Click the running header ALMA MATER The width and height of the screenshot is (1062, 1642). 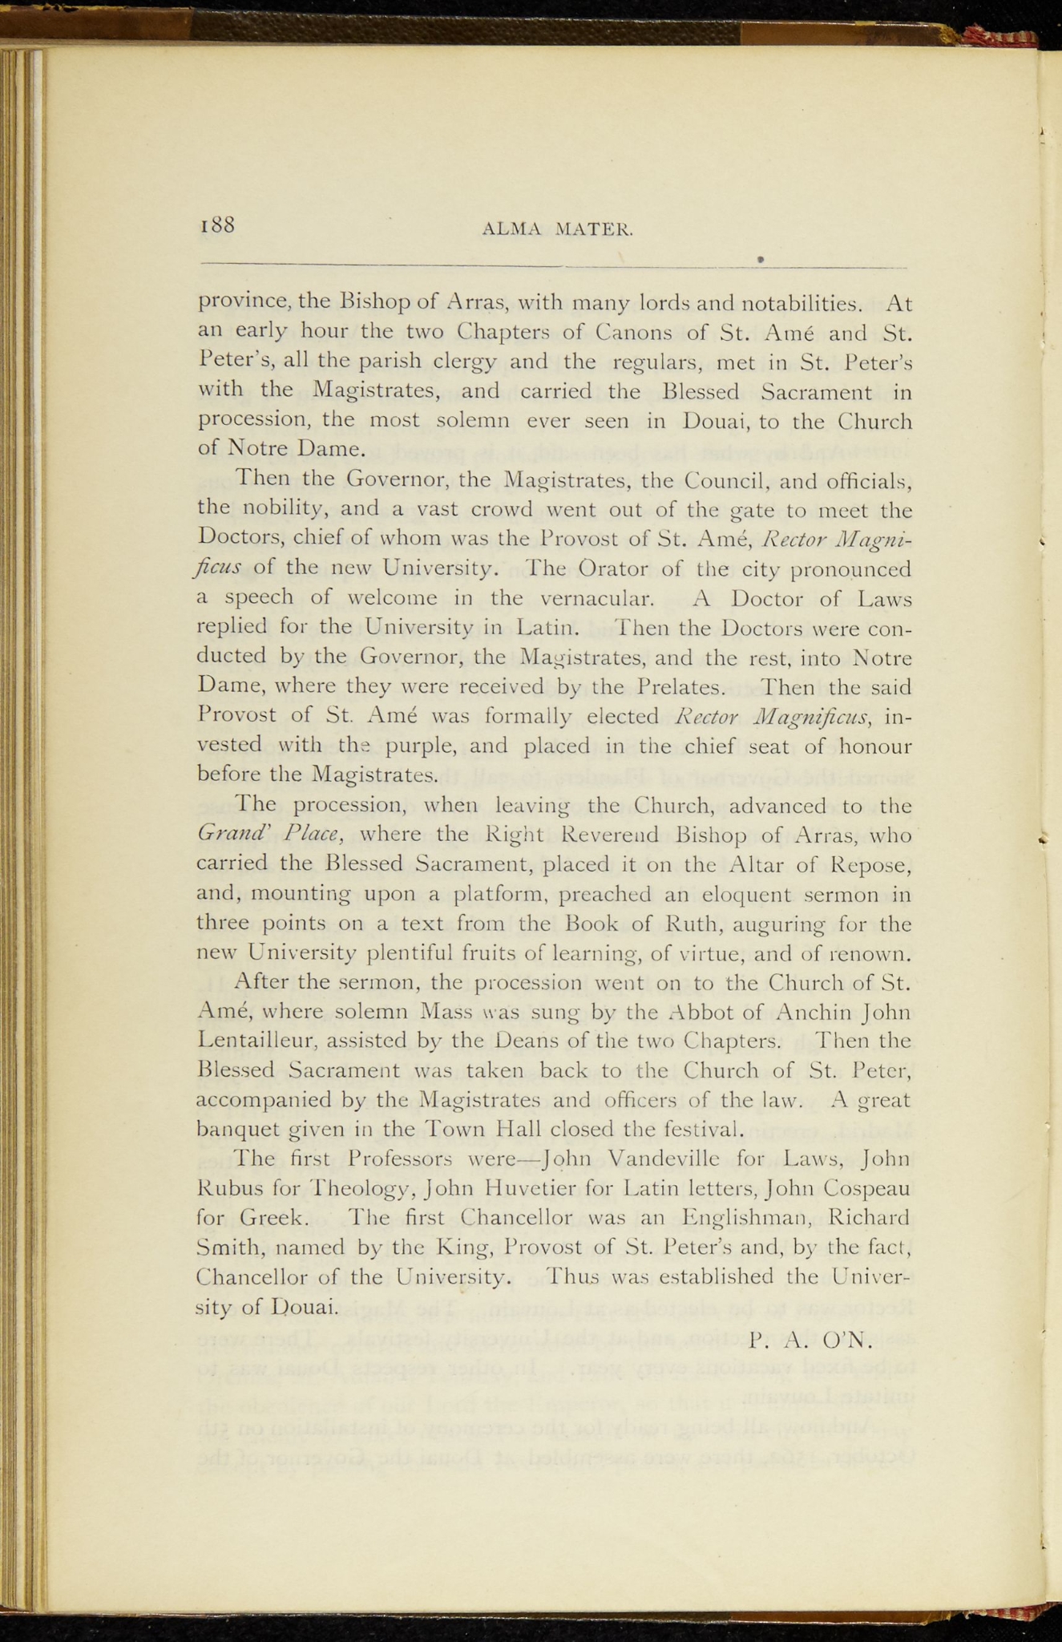pyautogui.click(x=558, y=230)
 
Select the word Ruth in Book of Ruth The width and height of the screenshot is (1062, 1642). pyautogui.click(x=694, y=924)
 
